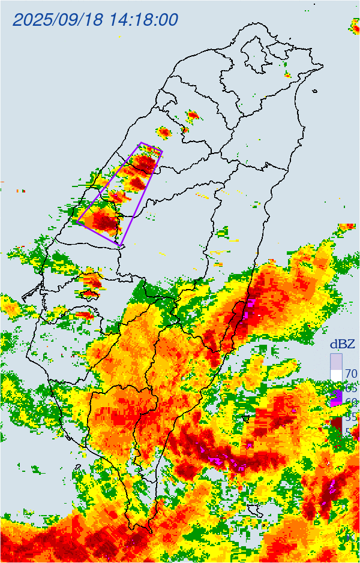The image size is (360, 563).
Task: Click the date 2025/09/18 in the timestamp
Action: (58, 19)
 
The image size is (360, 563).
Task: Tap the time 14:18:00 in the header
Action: (144, 19)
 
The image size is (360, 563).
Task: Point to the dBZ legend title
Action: (343, 344)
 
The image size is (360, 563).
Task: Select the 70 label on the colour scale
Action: (351, 374)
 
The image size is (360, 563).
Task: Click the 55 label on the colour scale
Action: (351, 416)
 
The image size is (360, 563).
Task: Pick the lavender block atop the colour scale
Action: (336, 362)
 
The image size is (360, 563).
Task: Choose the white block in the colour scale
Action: (336, 375)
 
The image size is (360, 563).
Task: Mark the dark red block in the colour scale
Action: (336, 423)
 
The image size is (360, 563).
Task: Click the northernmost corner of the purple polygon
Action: (142, 143)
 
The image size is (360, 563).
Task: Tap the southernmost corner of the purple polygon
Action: (122, 246)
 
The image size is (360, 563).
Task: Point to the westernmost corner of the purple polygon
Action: (77, 222)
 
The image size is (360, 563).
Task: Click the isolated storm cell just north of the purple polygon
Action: (164, 132)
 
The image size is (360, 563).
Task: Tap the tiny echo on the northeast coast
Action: (287, 75)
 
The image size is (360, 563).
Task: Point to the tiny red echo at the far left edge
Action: (22, 191)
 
